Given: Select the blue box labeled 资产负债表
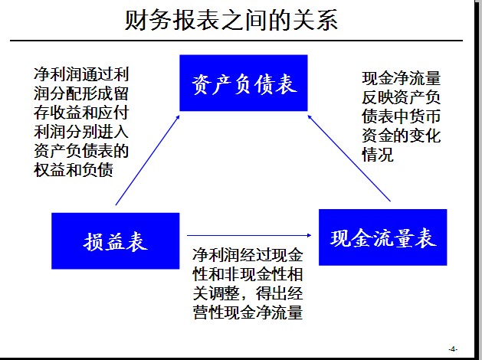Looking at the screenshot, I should [243, 83].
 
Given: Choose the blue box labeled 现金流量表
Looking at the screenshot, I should [382, 237].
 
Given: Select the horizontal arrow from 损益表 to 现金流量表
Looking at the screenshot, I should [250, 235].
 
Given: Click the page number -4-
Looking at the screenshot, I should [453, 349].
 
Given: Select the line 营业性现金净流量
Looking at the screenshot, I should [248, 313].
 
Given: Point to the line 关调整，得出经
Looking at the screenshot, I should [248, 293].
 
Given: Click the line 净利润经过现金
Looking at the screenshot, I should [248, 254].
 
